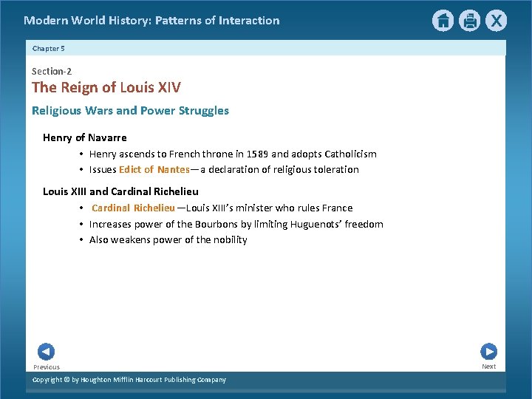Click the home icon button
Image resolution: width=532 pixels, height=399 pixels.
[443, 21]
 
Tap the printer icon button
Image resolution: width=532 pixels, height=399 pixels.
[469, 21]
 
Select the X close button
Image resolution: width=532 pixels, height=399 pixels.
[496, 21]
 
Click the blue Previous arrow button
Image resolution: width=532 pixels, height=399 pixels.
[46, 352]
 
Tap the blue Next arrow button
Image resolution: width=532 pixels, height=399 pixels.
[488, 352]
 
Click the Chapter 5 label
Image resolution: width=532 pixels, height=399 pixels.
[49, 49]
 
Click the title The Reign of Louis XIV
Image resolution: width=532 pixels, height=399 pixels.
[106, 87]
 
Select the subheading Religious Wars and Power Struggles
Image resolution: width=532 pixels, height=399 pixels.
[130, 111]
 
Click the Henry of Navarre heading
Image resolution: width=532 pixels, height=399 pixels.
[85, 137]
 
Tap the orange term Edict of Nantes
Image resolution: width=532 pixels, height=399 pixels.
[154, 170]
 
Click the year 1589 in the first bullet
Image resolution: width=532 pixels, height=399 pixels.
[256, 154]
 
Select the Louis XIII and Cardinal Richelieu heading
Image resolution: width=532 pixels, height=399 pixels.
[120, 191]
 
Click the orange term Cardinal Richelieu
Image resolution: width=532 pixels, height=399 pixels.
[133, 208]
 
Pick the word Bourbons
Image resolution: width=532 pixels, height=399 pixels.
[216, 225]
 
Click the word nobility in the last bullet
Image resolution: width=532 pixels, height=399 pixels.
[229, 240]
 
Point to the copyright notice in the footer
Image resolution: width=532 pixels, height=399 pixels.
[129, 380]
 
